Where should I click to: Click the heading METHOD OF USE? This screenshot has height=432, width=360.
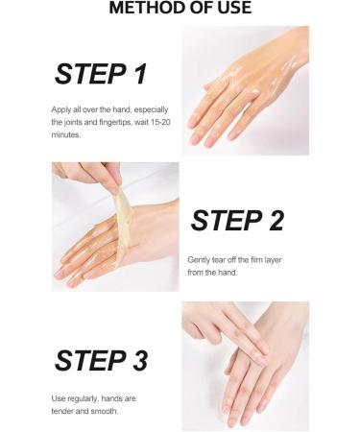tap(180, 9)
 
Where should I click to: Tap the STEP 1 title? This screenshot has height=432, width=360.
tap(101, 74)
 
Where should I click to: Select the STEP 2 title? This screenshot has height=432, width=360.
tap(237, 220)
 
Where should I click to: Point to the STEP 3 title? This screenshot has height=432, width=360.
tap(101, 360)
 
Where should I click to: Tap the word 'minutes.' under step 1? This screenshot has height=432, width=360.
tap(67, 134)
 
